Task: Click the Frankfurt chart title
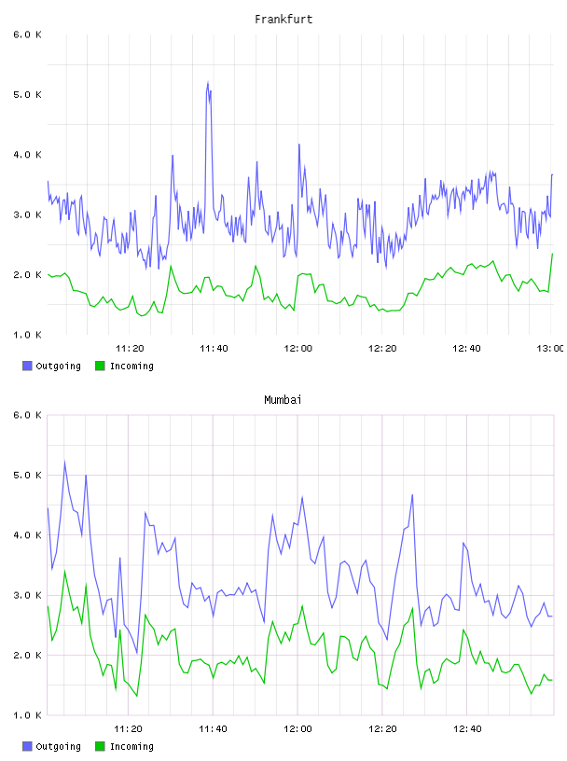283,20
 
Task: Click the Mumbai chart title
283,400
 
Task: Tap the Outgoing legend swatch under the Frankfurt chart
27,366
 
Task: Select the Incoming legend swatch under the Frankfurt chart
100,366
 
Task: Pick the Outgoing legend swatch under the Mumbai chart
27,746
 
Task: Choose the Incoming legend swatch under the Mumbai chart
100,746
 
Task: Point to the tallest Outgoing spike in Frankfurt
208,82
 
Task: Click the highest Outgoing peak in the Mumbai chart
64,461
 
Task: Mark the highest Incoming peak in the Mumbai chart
64,572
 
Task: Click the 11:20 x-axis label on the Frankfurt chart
130,349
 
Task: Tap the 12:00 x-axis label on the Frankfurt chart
298,349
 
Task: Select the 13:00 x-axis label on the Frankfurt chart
550,349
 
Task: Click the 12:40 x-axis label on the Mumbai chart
467,729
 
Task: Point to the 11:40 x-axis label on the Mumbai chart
213,729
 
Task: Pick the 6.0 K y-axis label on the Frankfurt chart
27,35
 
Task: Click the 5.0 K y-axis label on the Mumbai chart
27,475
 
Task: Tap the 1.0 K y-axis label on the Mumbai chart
27,715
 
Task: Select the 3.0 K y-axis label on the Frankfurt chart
27,215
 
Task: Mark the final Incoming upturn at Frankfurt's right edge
550,272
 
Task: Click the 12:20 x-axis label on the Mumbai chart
382,729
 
